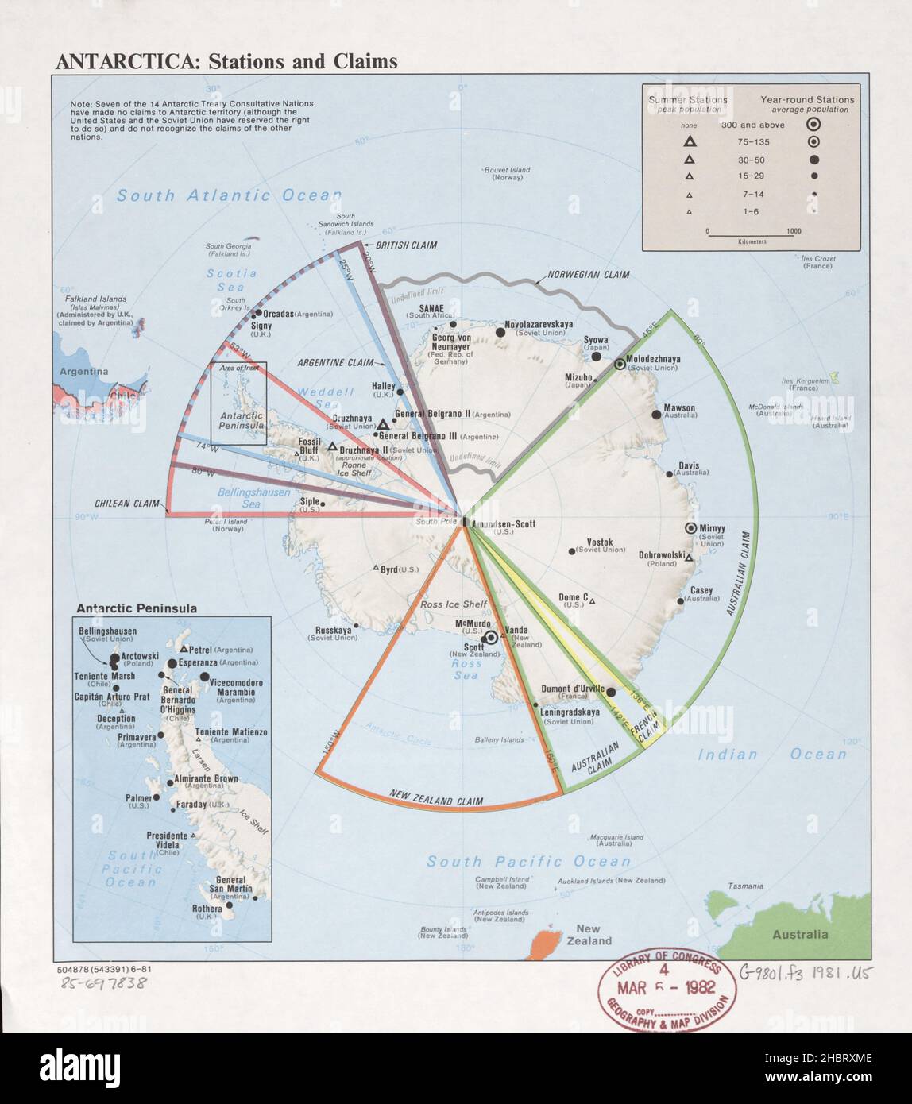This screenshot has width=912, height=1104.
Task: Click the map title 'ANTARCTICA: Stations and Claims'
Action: (226, 61)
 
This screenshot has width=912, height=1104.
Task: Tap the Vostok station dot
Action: (571, 550)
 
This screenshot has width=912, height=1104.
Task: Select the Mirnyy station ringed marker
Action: (691, 529)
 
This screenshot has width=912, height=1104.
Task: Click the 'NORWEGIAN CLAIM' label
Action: (588, 276)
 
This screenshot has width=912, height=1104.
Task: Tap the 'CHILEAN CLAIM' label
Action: (127, 503)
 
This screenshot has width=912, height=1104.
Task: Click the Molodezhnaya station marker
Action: (620, 364)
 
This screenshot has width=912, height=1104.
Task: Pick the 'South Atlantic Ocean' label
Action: (229, 195)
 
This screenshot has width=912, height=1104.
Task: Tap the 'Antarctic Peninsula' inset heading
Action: (137, 608)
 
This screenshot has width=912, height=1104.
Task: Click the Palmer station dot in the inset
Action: (157, 797)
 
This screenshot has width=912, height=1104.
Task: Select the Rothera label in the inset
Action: (207, 909)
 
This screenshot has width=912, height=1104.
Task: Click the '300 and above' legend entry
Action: (752, 125)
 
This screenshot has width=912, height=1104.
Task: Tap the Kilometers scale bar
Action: (749, 235)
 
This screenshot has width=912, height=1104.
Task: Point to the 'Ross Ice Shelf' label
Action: (454, 604)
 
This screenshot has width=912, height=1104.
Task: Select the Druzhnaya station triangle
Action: (383, 426)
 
